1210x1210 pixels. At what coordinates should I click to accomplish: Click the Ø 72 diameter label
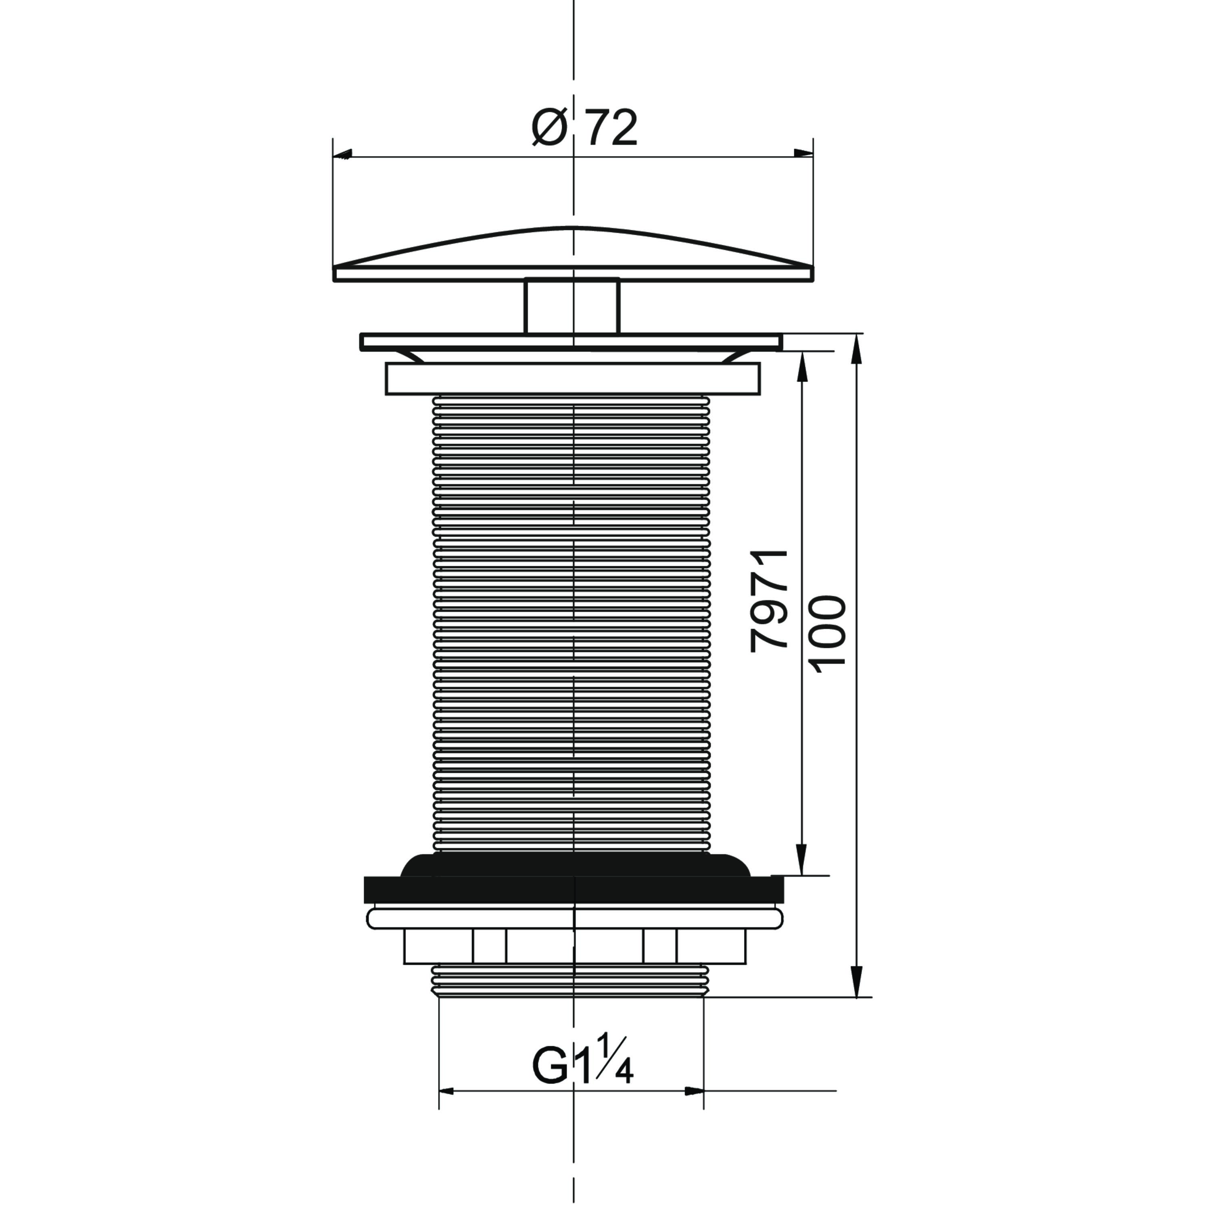click(x=584, y=128)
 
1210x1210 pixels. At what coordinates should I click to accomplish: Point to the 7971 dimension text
click(x=769, y=601)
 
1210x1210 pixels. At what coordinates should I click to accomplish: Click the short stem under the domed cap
click(x=572, y=306)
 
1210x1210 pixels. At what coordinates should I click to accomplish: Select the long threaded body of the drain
click(x=572, y=623)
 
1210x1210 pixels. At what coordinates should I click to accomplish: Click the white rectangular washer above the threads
click(x=572, y=379)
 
